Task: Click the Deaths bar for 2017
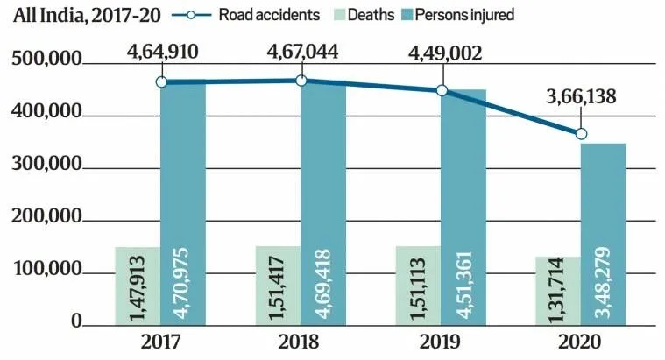(138, 286)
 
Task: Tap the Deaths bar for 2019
(418, 286)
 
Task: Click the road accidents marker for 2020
(581, 134)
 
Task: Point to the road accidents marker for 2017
(161, 81)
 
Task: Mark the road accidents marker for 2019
(442, 90)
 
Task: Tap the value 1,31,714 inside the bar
(556, 292)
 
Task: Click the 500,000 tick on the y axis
(46, 60)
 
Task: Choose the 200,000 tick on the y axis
(46, 219)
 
